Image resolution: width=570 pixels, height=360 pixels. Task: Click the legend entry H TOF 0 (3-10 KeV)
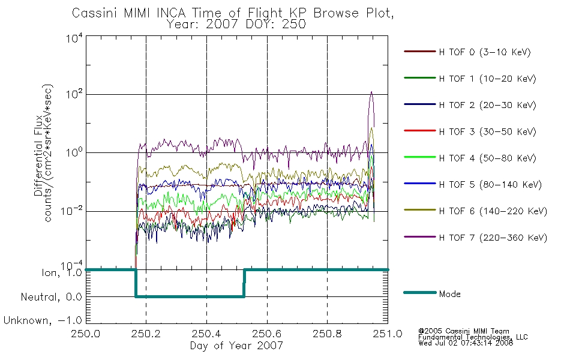[485, 52]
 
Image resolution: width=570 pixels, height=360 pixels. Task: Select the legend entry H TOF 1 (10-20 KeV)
[487, 79]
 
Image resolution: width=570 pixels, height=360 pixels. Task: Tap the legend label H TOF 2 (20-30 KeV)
[487, 105]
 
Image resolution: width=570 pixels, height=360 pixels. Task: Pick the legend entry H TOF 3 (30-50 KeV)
[487, 131]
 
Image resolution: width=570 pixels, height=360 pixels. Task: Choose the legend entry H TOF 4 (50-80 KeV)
[487, 158]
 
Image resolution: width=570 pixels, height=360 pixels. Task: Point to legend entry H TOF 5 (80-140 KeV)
[490, 185]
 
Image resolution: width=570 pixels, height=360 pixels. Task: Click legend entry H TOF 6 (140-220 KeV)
[493, 211]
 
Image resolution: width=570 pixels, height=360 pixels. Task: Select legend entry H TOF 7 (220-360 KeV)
[493, 238]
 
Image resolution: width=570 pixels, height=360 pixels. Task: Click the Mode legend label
[449, 294]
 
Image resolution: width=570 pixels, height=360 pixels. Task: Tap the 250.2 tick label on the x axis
[146, 334]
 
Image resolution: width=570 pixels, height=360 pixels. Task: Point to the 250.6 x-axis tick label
[267, 334]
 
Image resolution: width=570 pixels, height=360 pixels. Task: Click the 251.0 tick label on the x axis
[388, 334]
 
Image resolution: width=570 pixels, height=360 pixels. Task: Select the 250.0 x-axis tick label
[86, 334]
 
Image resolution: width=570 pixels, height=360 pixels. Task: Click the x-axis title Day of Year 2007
[236, 346]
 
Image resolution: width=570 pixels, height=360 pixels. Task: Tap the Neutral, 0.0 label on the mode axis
[52, 297]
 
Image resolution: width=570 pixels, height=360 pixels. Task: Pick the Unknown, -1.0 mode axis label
[43, 320]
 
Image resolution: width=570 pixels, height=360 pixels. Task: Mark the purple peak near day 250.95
[371, 92]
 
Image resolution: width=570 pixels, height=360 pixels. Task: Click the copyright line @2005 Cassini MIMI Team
[464, 331]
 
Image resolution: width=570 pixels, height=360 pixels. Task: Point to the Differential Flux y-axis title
[38, 157]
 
